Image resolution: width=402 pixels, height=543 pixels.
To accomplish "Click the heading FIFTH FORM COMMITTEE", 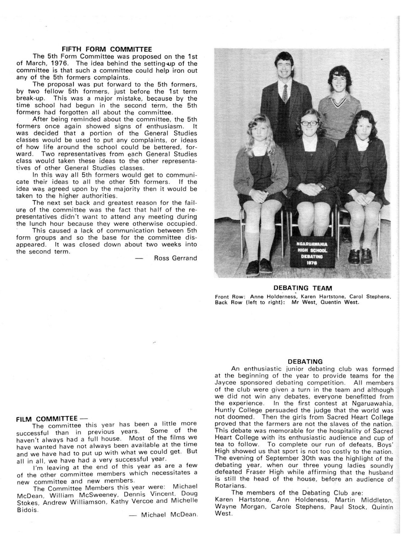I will pos(107,49).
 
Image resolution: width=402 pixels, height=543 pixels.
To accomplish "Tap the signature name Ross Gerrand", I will pos(175,258).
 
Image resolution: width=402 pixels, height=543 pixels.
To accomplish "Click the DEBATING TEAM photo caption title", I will pos(302,288).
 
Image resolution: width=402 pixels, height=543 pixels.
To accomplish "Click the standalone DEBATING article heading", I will pos(305,361).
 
